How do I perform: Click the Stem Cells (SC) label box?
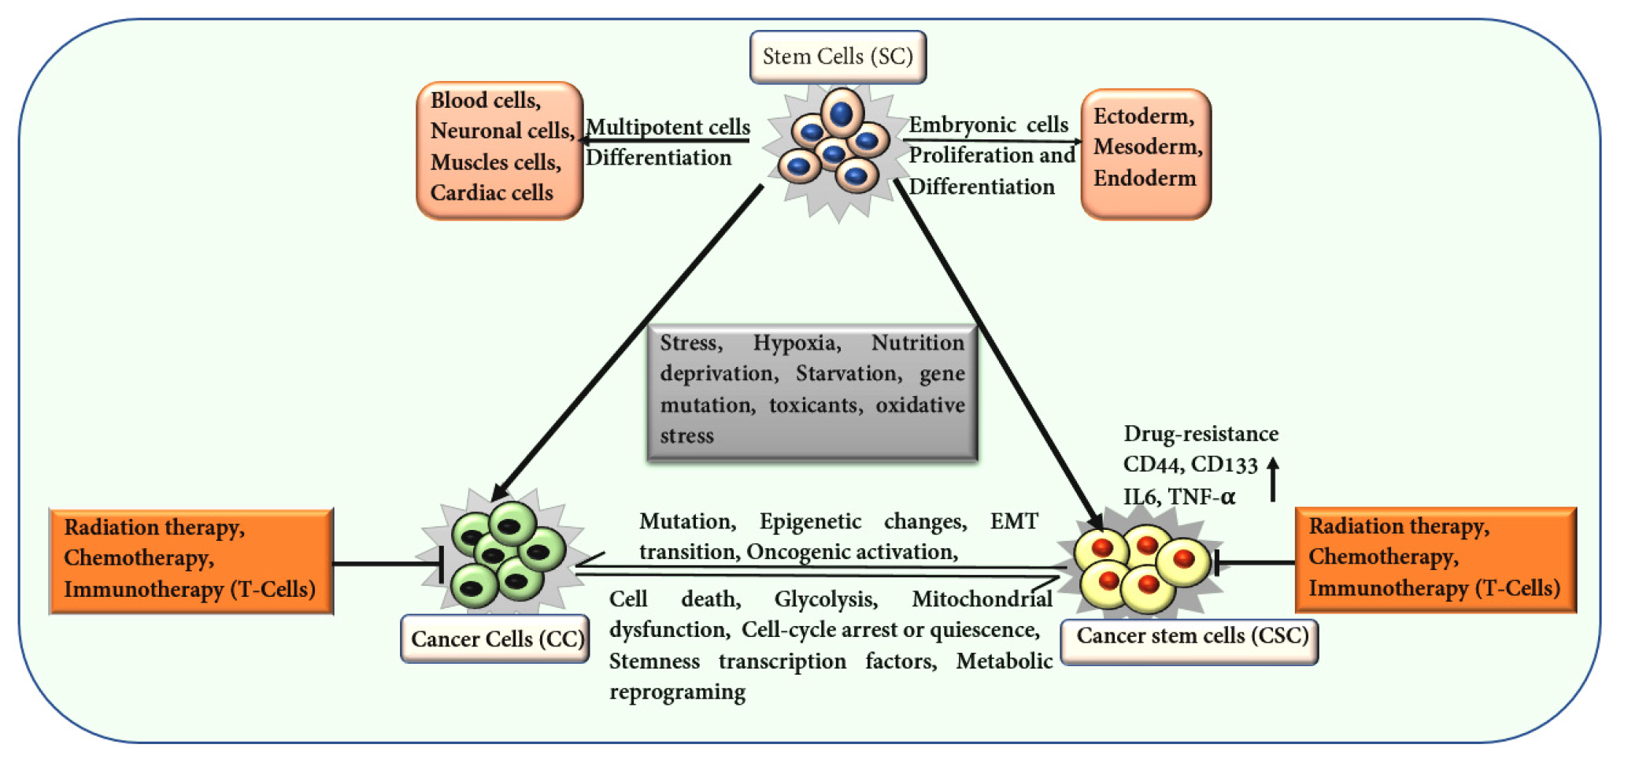838,57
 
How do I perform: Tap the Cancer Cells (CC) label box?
495,639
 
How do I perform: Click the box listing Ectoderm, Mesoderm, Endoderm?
1145,154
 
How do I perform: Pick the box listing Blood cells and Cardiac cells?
500,150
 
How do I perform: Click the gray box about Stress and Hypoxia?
812,391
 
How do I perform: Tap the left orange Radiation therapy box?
191,561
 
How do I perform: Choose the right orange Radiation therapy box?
1436,560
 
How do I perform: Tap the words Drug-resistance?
1201,434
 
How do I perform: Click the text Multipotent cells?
668,127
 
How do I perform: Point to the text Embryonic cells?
989,124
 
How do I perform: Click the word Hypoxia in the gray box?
797,343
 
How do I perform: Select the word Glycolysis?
826,599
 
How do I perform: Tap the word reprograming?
677,692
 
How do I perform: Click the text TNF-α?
1201,497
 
